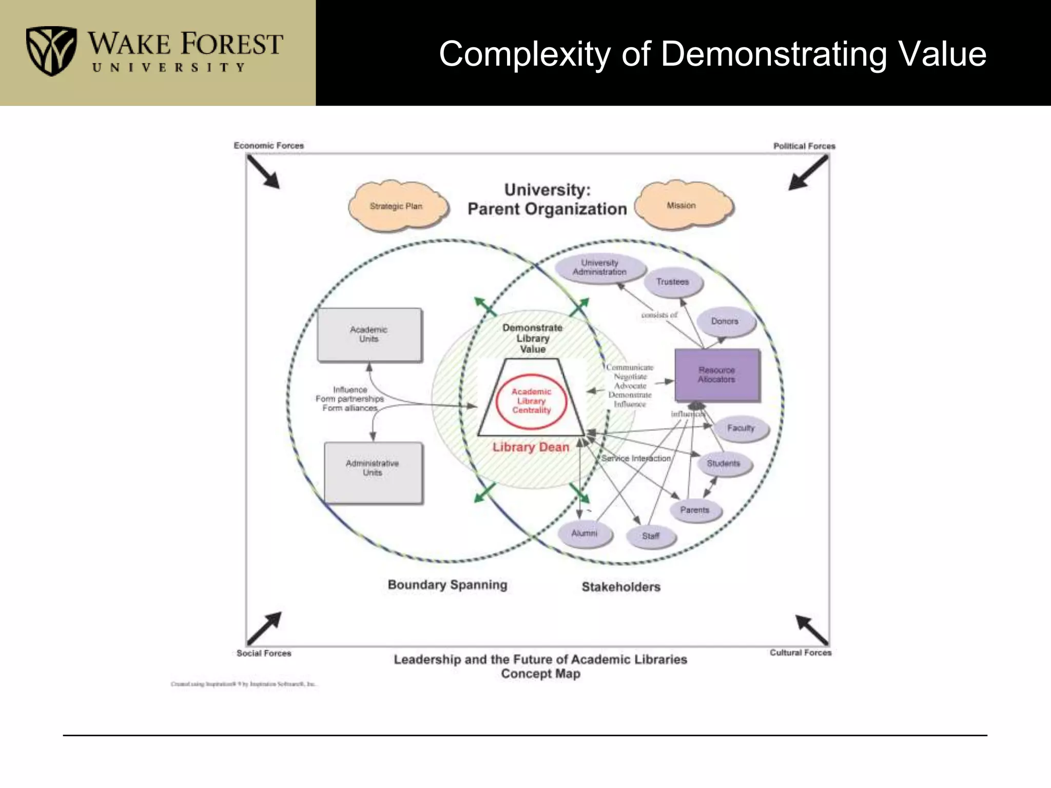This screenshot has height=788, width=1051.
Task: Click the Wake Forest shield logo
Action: tap(51, 51)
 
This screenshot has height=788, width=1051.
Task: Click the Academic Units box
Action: tap(369, 334)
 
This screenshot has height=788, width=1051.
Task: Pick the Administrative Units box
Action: tap(373, 472)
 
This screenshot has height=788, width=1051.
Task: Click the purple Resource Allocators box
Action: tap(717, 375)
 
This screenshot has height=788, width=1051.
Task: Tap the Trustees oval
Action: tap(673, 282)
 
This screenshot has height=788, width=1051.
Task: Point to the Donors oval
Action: tap(725, 322)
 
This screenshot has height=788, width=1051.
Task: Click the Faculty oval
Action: tap(741, 428)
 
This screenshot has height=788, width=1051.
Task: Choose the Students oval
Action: tap(724, 464)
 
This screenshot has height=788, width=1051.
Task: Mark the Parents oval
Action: tap(695, 510)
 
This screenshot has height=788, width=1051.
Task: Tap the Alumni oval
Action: tap(585, 534)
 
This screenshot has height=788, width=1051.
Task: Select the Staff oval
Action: tap(651, 536)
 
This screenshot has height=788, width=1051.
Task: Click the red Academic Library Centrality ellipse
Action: tap(531, 401)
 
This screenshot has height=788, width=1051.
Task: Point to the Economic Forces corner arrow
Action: tap(263, 172)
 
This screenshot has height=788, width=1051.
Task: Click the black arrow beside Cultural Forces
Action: tap(812, 629)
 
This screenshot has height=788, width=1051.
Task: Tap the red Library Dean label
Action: tap(531, 447)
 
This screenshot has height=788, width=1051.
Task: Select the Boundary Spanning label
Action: tap(447, 585)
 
